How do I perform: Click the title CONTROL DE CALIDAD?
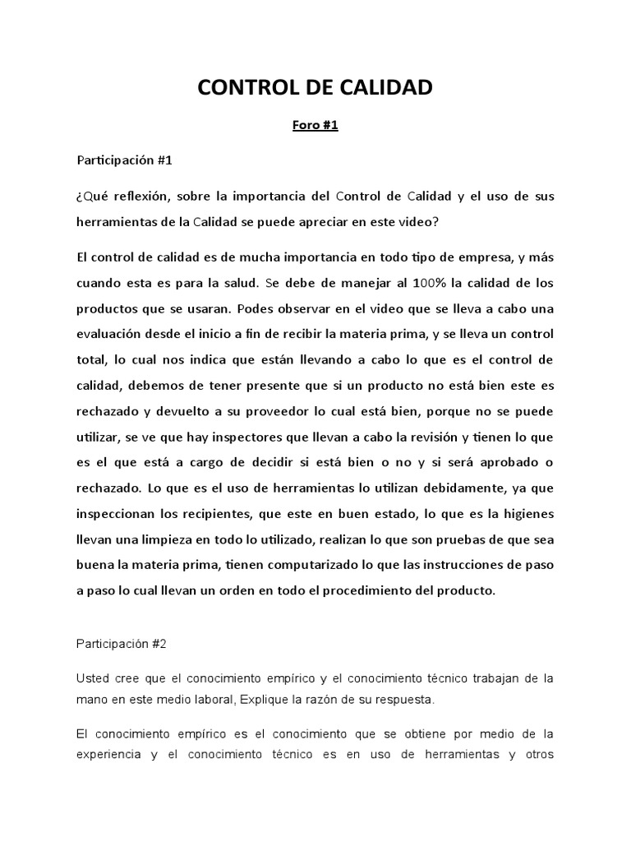click(315, 87)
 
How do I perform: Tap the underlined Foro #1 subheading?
click(315, 126)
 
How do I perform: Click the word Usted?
click(93, 678)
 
